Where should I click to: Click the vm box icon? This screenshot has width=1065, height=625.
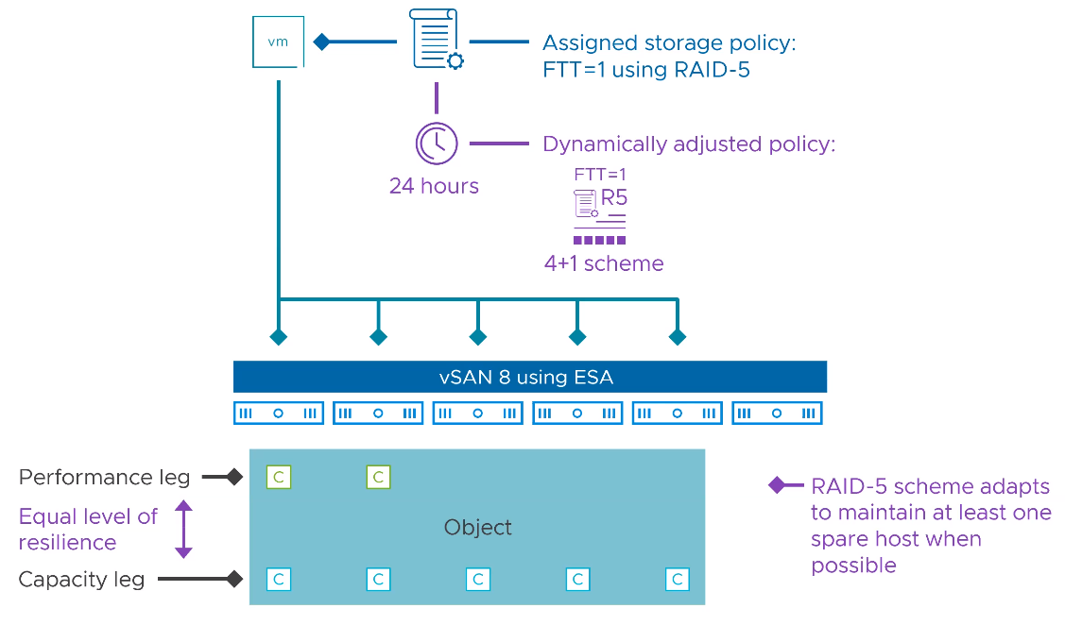point(278,42)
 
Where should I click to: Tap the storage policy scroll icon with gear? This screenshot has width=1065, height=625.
point(437,40)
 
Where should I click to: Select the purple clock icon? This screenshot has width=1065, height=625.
point(437,144)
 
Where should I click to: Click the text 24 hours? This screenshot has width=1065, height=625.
point(434,186)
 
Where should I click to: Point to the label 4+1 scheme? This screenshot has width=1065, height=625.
point(604,263)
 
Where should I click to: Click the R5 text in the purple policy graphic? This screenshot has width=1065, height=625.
point(614,198)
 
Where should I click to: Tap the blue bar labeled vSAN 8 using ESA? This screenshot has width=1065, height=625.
point(529,377)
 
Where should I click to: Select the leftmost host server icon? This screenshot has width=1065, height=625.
point(278,414)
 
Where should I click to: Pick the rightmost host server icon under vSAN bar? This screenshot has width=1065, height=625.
point(777,414)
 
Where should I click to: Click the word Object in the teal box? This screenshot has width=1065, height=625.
point(477,527)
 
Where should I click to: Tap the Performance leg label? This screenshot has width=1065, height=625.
point(104,478)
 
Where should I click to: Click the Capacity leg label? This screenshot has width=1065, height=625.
point(81,579)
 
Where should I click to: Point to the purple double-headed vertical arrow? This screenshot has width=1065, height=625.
point(183,529)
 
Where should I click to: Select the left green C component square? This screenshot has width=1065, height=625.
point(278,478)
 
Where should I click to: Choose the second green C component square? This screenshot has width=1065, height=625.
point(378,478)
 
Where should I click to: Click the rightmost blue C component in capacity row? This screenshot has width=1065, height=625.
point(677,579)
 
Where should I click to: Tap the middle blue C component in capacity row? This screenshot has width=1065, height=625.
point(478,579)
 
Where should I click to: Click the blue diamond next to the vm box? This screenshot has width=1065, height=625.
point(321,42)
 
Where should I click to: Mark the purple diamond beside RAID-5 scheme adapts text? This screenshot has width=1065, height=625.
point(777,486)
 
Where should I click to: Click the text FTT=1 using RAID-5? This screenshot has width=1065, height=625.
point(646,70)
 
